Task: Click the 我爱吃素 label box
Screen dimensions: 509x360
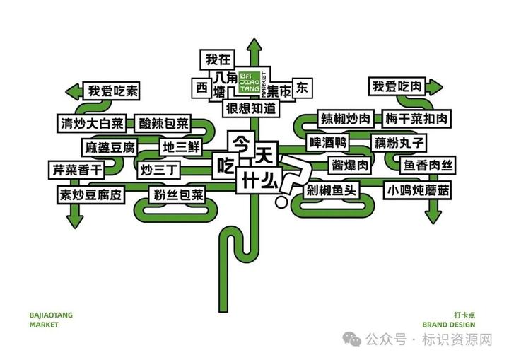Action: (x=113, y=91)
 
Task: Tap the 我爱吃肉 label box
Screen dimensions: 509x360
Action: (x=397, y=87)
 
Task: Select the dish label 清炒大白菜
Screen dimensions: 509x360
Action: (x=91, y=124)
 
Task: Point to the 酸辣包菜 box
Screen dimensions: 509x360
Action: (x=163, y=124)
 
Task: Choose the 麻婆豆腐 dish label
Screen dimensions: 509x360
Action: (x=109, y=148)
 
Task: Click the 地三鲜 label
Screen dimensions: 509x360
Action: (x=182, y=148)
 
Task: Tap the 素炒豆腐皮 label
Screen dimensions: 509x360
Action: (x=90, y=193)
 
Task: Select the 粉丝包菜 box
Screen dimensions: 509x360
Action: (x=178, y=193)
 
